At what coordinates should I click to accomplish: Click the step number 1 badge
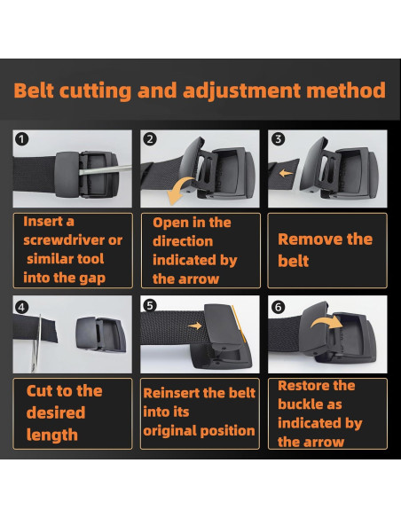(22, 139)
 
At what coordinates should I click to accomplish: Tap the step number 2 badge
(150, 139)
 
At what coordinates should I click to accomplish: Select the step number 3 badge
(278, 139)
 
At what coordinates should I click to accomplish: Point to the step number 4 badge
(21, 308)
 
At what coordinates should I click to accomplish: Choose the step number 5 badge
(150, 306)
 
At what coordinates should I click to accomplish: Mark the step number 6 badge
(278, 307)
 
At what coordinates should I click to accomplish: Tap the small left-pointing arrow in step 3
(286, 173)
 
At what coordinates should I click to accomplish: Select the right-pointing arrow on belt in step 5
(195, 326)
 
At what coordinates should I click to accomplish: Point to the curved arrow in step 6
(326, 320)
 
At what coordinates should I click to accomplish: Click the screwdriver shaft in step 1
(106, 169)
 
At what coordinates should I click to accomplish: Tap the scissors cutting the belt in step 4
(36, 343)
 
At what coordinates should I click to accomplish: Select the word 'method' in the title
(346, 90)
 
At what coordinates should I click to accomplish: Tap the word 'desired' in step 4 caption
(56, 412)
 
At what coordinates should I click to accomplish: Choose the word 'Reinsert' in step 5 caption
(170, 393)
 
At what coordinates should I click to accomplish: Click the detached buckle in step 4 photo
(100, 334)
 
